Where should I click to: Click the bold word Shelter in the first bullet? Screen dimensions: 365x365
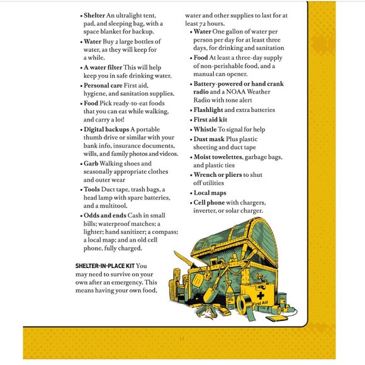[95, 14]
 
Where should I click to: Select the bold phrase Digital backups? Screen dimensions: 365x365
[106, 128]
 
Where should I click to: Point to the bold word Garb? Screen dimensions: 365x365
[91, 163]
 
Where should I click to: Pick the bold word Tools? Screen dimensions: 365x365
[93, 189]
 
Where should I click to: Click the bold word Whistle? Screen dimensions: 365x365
[205, 129]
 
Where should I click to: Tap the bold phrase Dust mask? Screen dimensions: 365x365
[210, 139]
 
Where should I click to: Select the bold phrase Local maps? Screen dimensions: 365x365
[210, 193]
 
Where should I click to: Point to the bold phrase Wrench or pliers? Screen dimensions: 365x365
[218, 174]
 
